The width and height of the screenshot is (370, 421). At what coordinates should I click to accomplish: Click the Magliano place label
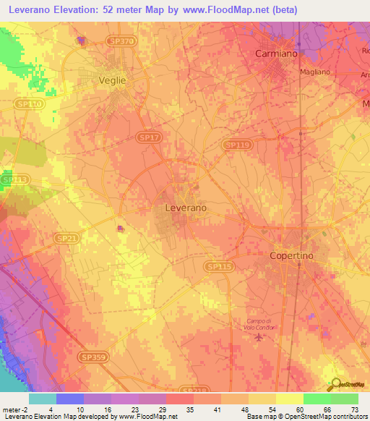pos(314,72)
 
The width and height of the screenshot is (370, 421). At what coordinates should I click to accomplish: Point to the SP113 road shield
pos(14,179)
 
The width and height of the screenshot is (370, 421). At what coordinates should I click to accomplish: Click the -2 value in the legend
pos(25,409)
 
